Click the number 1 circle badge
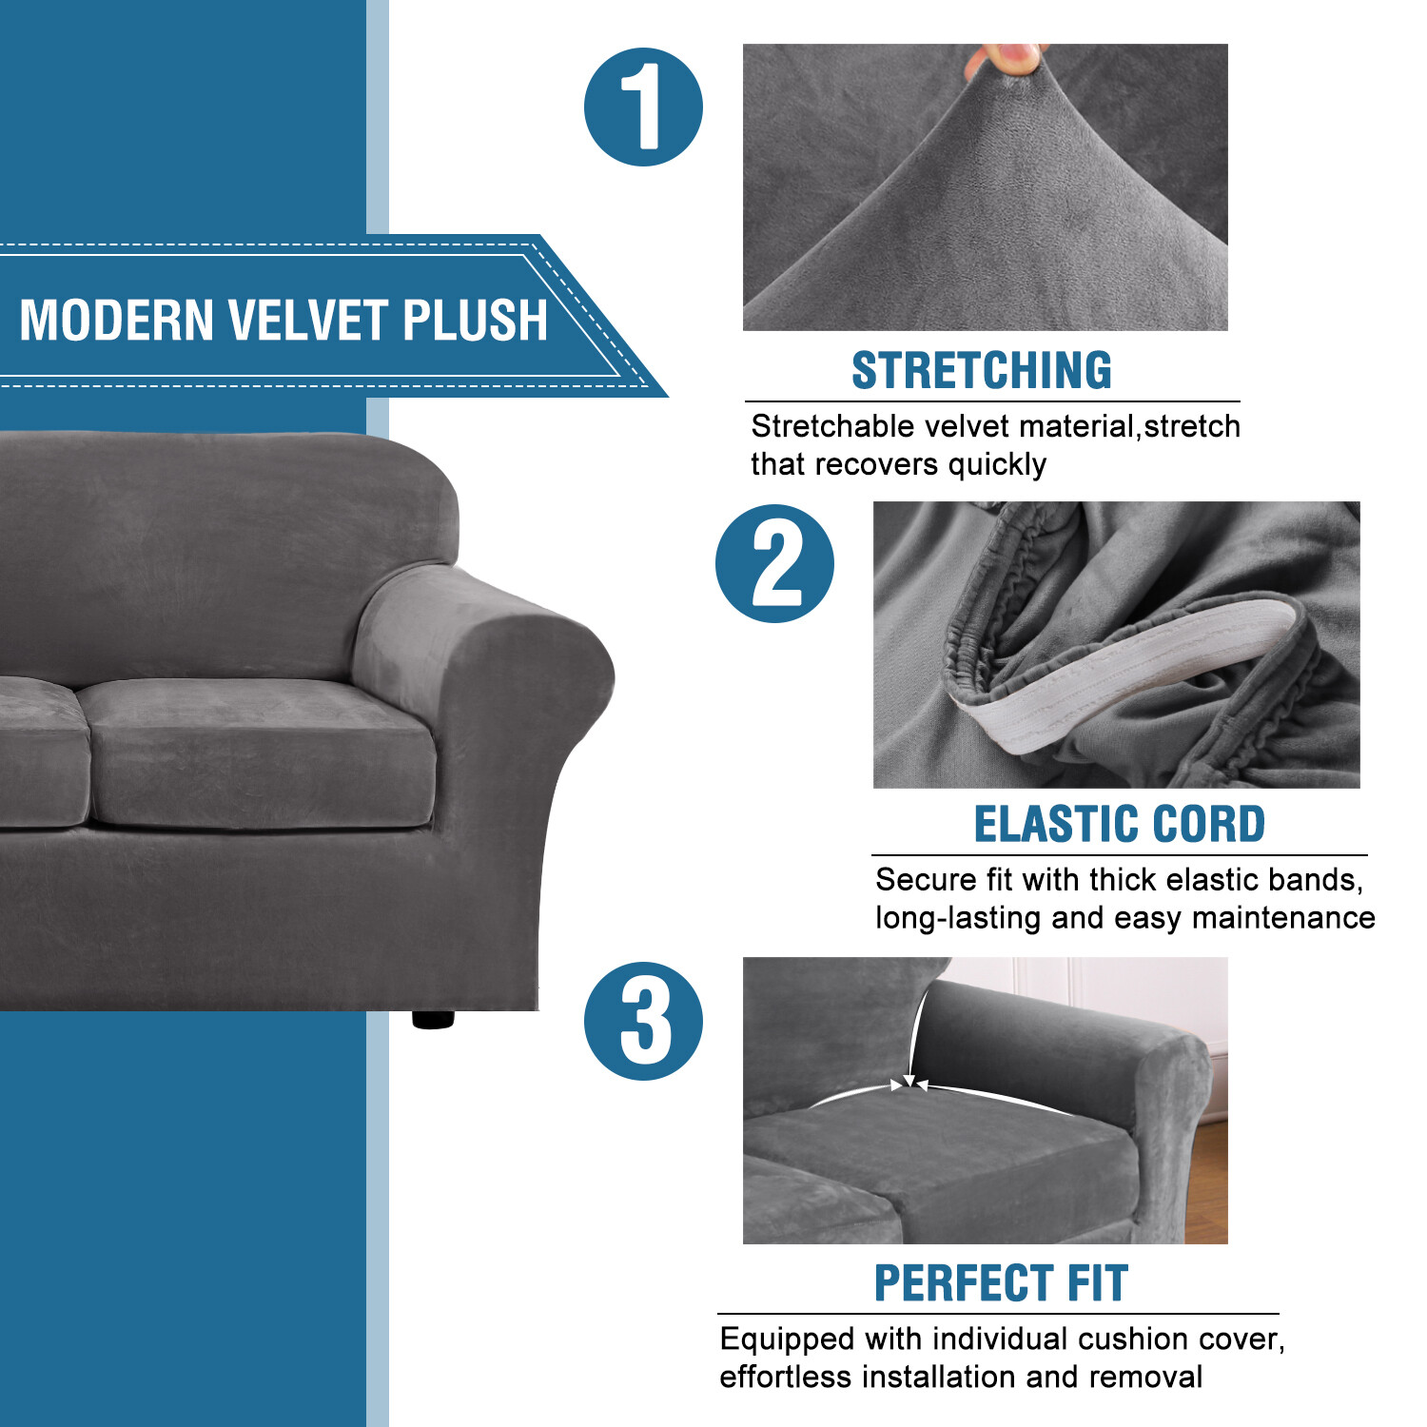[643, 107]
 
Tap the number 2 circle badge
[774, 563]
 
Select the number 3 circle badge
[643, 1021]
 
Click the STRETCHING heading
[981, 370]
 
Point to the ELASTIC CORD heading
[1119, 824]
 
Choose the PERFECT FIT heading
[1001, 1282]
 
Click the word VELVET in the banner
[308, 320]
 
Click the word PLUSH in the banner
[475, 320]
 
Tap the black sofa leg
[433, 1019]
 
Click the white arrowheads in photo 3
[909, 1083]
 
